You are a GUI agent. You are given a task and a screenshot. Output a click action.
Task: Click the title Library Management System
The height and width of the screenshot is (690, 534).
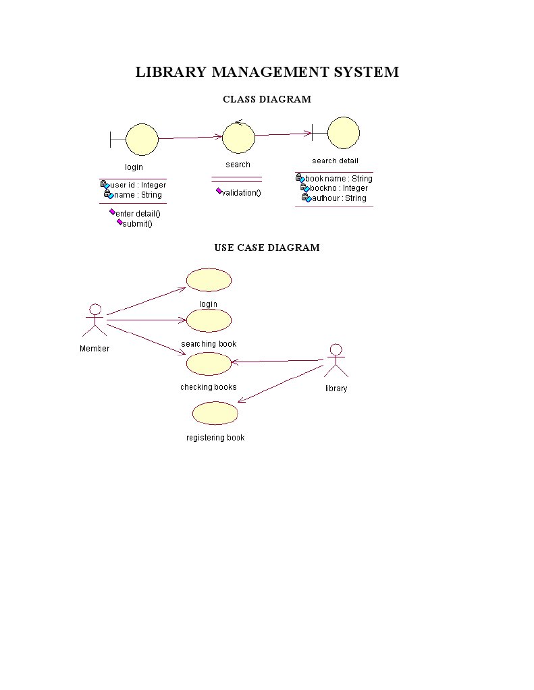click(267, 72)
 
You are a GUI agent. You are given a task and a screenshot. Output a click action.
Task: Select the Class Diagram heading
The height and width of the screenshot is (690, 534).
click(267, 100)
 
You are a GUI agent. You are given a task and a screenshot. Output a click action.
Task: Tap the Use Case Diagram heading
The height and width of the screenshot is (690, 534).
click(267, 248)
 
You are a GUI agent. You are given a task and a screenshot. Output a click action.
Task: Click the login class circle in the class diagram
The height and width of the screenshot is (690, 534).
click(142, 139)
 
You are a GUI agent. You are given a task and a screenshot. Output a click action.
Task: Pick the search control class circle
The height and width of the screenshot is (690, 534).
click(238, 138)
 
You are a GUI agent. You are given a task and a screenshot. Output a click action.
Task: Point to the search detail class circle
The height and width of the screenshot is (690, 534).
click(343, 133)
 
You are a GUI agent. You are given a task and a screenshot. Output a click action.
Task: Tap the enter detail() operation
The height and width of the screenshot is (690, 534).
click(138, 214)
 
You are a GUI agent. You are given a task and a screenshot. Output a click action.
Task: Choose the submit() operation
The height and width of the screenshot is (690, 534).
click(138, 224)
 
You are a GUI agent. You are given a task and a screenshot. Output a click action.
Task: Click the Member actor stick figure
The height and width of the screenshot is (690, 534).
click(95, 320)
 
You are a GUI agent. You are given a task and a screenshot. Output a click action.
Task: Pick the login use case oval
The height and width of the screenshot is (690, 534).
click(209, 280)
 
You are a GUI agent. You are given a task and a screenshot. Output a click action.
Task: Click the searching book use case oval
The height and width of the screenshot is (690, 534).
click(209, 320)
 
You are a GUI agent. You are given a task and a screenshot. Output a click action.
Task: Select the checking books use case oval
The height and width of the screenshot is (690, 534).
click(209, 364)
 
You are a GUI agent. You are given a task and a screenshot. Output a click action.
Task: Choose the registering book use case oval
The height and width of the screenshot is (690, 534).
click(215, 413)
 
